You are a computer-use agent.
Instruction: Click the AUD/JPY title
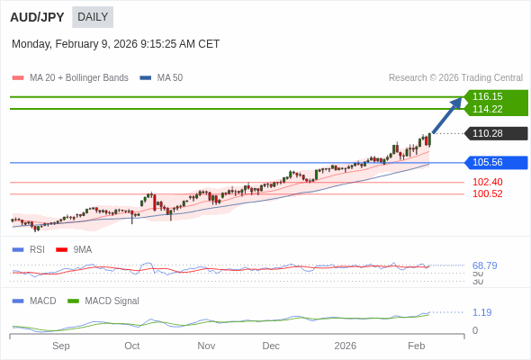[37, 17]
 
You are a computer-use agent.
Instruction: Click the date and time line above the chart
[115, 44]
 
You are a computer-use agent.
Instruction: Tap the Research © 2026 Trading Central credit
[455, 78]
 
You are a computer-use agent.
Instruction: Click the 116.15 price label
[487, 96]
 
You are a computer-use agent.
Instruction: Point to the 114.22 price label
[487, 109]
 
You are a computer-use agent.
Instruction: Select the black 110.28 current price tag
[487, 133]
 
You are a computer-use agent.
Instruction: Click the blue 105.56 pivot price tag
[487, 162]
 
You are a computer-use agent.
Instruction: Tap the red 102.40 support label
[487, 182]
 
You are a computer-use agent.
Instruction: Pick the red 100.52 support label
[487, 193]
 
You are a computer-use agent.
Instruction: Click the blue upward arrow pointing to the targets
[447, 115]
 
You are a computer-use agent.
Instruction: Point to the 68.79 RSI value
[484, 265]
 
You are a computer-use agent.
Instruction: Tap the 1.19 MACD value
[481, 312]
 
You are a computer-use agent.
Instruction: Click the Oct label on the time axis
[132, 346]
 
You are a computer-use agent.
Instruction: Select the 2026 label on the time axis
[345, 346]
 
